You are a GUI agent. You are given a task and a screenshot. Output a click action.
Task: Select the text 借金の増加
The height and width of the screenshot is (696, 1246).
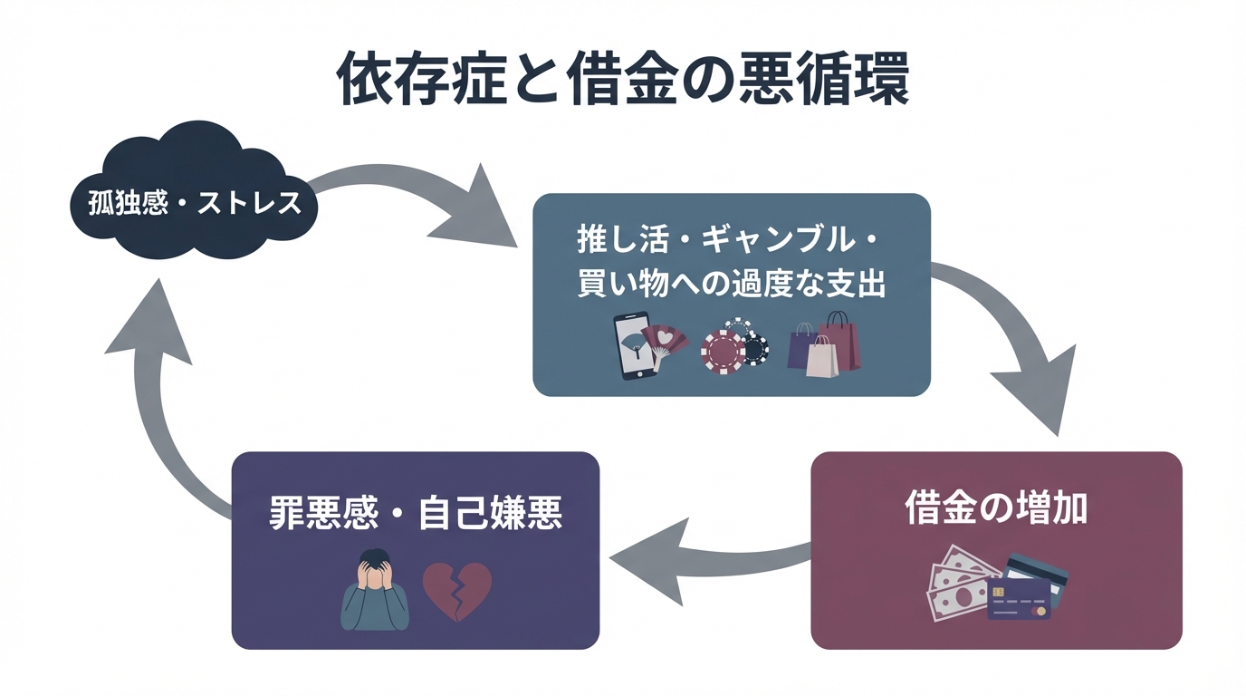click(x=996, y=509)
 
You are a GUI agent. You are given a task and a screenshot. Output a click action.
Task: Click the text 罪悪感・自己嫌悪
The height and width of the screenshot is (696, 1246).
click(x=416, y=513)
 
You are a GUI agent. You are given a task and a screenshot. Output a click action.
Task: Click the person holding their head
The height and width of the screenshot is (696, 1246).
click(x=375, y=590)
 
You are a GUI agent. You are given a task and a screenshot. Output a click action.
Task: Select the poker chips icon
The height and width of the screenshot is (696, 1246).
click(x=734, y=348)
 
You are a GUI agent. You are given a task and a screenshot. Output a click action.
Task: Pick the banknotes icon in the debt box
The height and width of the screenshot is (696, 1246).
click(x=958, y=584)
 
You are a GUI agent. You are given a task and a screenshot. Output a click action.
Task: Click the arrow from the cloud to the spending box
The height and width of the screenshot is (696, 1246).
click(x=417, y=199)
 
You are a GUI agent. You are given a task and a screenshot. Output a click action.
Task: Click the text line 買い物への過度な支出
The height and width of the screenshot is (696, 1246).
click(x=731, y=285)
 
